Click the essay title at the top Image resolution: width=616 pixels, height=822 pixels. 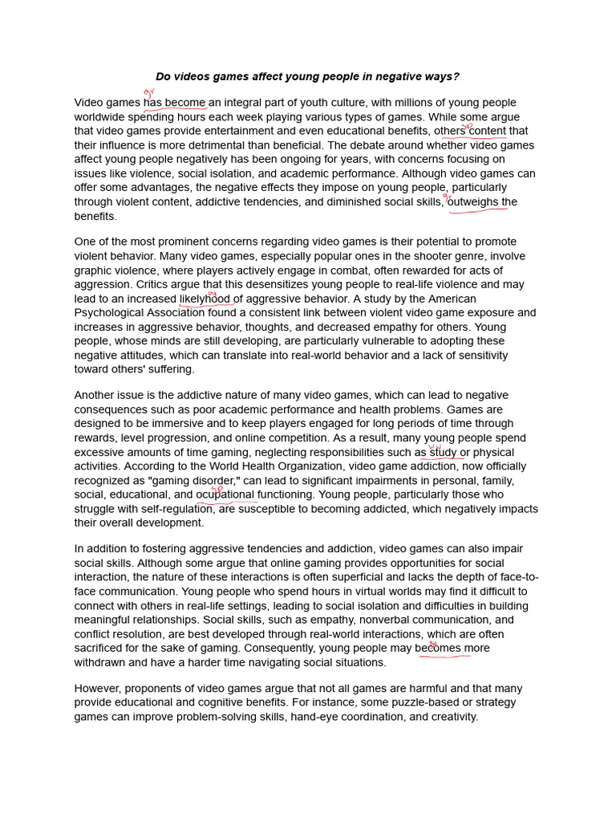click(307, 77)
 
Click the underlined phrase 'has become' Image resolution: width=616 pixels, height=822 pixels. click(175, 103)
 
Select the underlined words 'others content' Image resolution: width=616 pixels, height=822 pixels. click(469, 131)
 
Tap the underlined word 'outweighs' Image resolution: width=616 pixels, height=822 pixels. click(473, 202)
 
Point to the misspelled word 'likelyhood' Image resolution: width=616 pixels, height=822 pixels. click(205, 299)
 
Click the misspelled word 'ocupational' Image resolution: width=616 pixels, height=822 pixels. click(225, 494)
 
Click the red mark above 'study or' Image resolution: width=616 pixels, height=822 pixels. click(435, 447)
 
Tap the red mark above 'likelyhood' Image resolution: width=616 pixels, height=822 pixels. click(213, 293)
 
